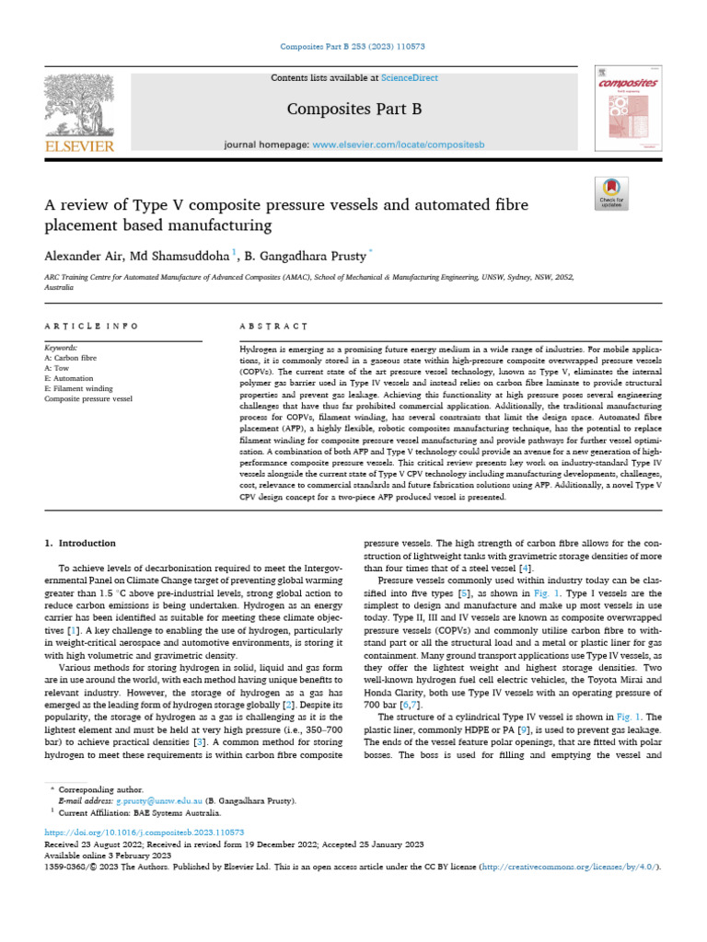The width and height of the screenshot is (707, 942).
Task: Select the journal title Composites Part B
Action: click(x=354, y=109)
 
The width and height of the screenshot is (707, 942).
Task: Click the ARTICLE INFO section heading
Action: click(x=91, y=327)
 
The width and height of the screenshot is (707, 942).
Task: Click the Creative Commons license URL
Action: click(x=564, y=867)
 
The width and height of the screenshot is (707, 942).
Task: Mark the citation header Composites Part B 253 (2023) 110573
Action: click(x=353, y=46)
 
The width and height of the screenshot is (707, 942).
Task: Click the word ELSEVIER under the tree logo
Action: click(x=78, y=147)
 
